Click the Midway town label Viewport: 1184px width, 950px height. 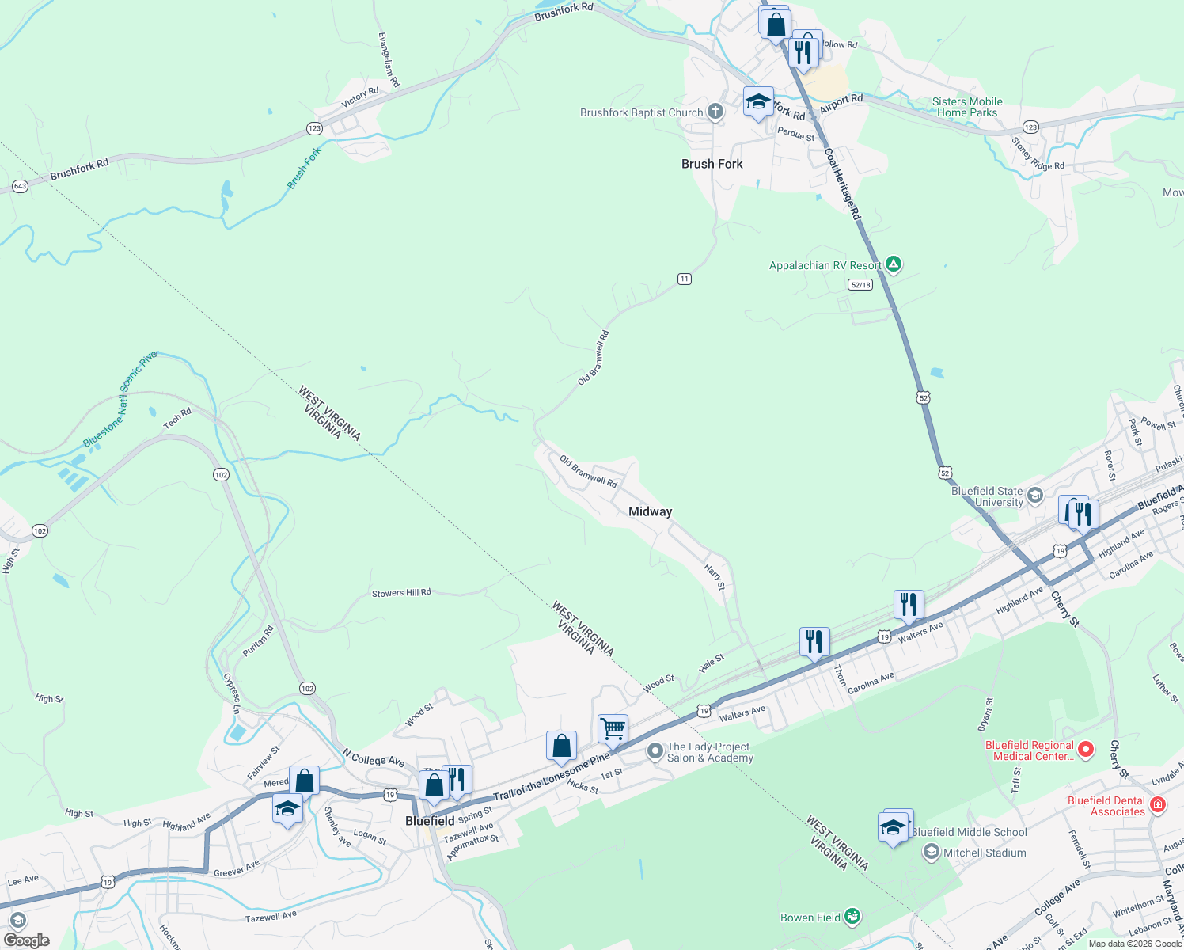(650, 511)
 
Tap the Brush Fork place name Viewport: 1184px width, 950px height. (712, 164)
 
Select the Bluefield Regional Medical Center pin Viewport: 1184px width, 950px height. (1086, 749)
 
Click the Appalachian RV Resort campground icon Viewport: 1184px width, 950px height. (894, 264)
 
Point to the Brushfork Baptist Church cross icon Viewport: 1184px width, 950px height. (715, 112)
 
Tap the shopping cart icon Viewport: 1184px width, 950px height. (613, 728)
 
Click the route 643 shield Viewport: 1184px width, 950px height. (20, 187)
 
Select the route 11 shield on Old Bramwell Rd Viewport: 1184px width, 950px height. (685, 279)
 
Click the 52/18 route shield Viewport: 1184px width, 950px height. (860, 284)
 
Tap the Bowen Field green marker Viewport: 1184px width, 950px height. (852, 917)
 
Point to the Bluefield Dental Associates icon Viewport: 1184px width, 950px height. (1158, 805)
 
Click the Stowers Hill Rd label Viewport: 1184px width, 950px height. (401, 593)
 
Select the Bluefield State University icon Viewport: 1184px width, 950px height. (1035, 496)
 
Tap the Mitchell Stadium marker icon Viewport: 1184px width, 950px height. (932, 852)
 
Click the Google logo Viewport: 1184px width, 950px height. (26, 940)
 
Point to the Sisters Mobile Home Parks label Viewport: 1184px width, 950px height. (967, 107)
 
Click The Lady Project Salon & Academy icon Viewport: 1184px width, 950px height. (655, 751)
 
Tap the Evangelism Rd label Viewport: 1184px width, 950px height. (389, 60)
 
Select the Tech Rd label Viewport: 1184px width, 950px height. (177, 417)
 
